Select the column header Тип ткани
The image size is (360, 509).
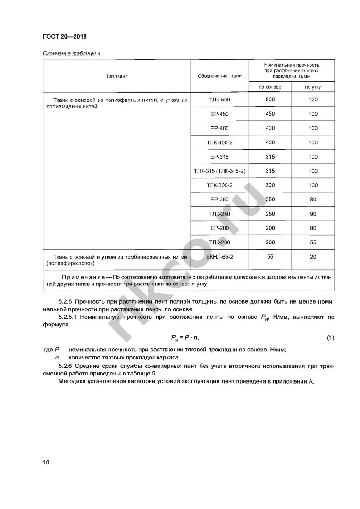click(117, 75)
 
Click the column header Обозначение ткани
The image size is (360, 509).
click(220, 75)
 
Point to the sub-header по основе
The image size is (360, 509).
click(270, 87)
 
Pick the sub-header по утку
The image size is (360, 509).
click(313, 87)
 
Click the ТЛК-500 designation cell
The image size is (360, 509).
click(220, 100)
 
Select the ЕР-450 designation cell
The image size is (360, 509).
click(220, 114)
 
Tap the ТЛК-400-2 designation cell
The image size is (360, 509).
click(220, 142)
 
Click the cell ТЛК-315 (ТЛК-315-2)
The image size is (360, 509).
click(220, 171)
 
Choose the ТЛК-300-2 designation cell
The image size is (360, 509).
click(220, 185)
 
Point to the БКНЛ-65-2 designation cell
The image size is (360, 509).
click(220, 257)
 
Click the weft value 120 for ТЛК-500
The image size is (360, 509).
click(313, 100)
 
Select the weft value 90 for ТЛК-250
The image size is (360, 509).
click(313, 214)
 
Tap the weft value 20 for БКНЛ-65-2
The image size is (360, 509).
click(313, 257)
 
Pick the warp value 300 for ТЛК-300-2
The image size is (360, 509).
click(270, 185)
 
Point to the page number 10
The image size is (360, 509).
click(46, 462)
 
